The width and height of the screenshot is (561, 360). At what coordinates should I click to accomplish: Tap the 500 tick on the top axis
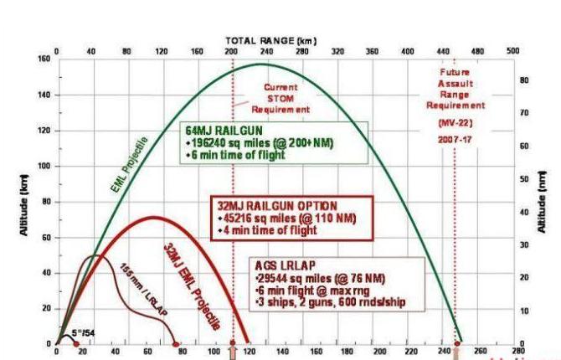pyautogui.click(x=512, y=51)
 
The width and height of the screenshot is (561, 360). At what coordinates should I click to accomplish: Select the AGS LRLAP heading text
pyautogui.click(x=282, y=265)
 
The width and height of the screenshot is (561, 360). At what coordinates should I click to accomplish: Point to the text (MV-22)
pyautogui.click(x=455, y=122)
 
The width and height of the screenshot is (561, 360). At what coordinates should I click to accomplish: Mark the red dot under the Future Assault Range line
pyautogui.click(x=455, y=344)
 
